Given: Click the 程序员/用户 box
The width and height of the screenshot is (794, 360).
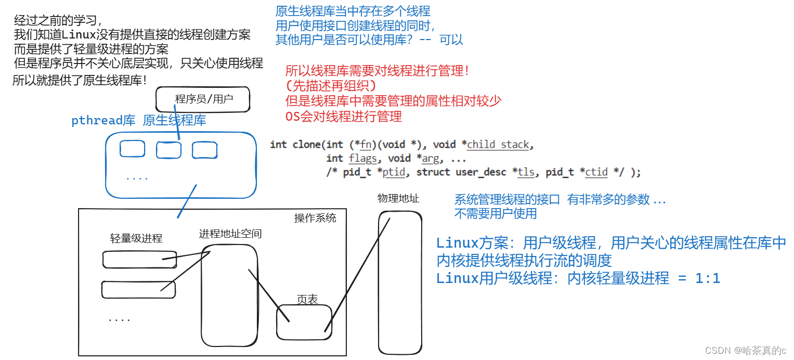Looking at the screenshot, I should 203,99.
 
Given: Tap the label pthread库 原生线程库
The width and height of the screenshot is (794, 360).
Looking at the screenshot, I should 138,121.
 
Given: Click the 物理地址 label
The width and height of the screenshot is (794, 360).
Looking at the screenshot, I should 398,199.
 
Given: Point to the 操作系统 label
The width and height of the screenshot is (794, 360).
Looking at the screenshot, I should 315,218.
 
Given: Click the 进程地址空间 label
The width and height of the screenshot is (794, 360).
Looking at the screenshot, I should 230,234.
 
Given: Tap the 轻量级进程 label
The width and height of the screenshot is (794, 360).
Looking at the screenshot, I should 136,238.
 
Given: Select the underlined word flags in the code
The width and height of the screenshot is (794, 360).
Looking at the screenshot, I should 362,158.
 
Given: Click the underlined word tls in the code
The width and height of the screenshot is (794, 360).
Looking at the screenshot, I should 526,172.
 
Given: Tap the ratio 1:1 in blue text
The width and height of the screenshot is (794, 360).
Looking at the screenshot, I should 707,278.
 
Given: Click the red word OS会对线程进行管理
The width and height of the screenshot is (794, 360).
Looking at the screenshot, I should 344,117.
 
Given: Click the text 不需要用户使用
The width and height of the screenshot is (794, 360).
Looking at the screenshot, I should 496,213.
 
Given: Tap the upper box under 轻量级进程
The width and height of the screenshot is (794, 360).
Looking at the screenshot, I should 139,259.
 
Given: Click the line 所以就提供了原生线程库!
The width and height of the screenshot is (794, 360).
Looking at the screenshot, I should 80,81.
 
